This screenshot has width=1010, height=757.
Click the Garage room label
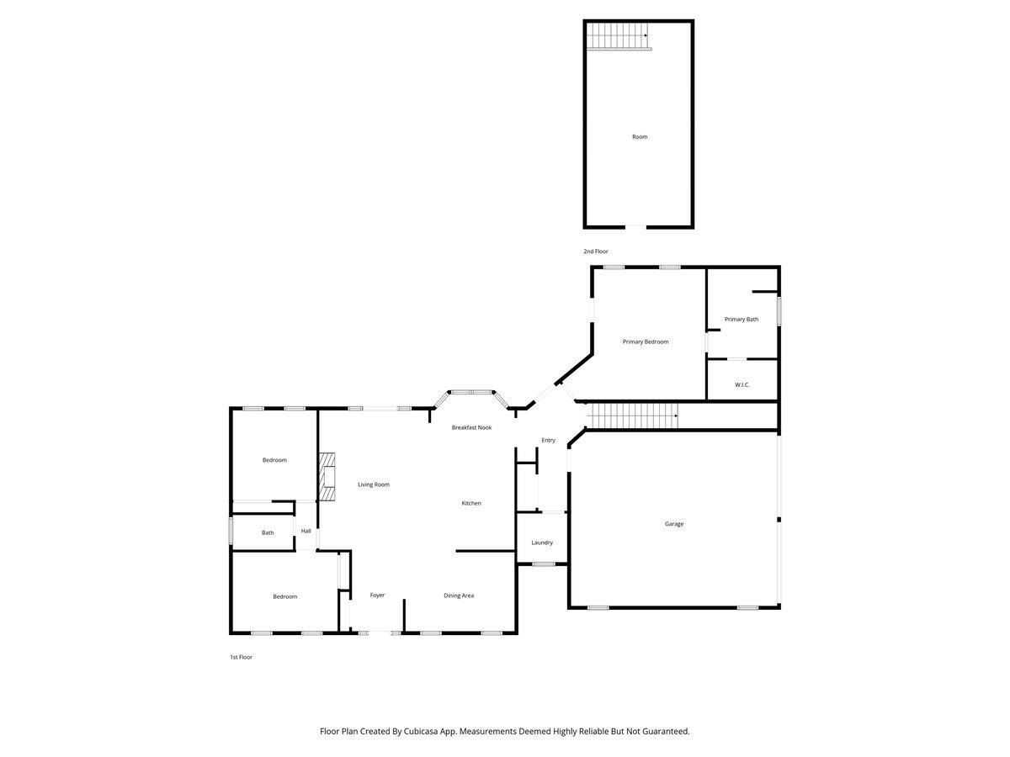(673, 523)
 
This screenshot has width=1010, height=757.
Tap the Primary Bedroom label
(645, 341)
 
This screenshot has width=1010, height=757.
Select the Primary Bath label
(742, 319)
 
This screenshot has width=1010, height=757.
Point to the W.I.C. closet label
(742, 384)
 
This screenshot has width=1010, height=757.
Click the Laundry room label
(541, 543)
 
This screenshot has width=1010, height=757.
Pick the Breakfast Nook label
(471, 427)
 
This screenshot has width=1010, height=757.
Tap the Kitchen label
(471, 503)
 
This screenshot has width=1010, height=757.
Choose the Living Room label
(373, 484)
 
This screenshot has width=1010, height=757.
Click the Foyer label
(377, 595)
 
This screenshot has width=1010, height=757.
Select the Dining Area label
(459, 596)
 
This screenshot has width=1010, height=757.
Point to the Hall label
(306, 531)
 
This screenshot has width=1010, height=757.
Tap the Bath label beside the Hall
(268, 532)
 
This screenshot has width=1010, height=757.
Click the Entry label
(548, 440)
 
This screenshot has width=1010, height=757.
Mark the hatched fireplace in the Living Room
(327, 477)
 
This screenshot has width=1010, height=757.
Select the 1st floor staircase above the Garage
(631, 416)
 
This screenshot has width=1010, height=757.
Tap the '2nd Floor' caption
(595, 251)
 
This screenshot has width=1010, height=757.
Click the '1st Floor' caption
(241, 657)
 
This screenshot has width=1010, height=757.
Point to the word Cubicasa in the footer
(421, 731)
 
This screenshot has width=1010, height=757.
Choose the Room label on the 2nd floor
(640, 136)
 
